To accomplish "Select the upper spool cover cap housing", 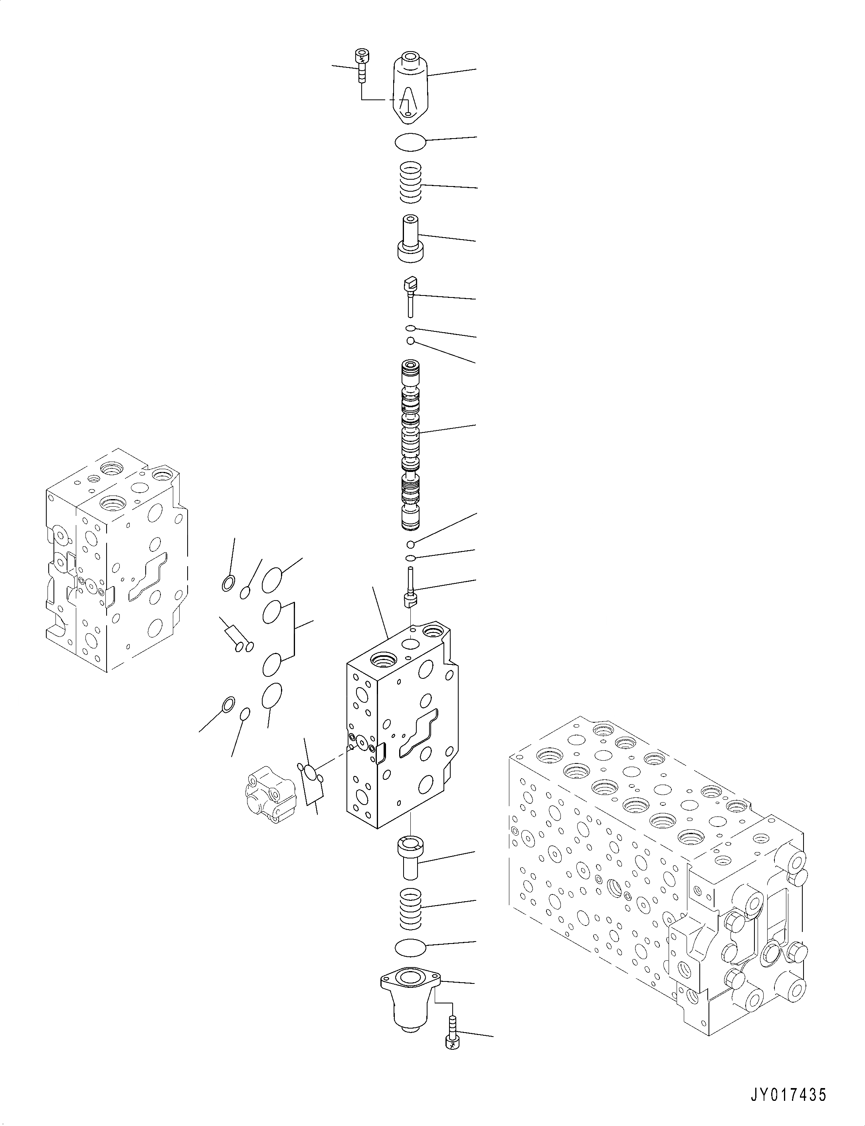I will pos(411,87).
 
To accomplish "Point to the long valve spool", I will pos(410,446).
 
